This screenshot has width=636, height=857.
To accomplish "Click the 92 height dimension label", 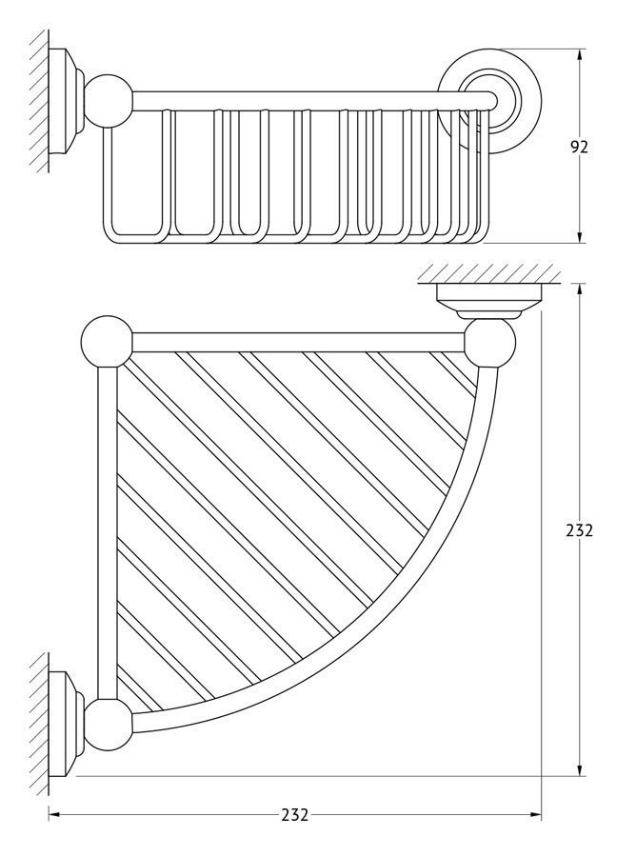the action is coord(579,147).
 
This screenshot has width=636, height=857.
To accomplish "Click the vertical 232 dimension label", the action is coord(579,529).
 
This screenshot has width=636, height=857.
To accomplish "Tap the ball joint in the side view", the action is coord(109,101).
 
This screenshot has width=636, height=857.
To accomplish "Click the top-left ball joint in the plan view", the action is coord(107,341).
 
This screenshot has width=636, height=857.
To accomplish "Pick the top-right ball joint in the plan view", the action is coord(490,342).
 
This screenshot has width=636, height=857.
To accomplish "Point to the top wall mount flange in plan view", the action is coord(489,301).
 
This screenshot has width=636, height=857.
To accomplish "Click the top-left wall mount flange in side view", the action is coord(67,102).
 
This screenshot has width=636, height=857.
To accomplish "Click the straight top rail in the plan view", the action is coord(298,342).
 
